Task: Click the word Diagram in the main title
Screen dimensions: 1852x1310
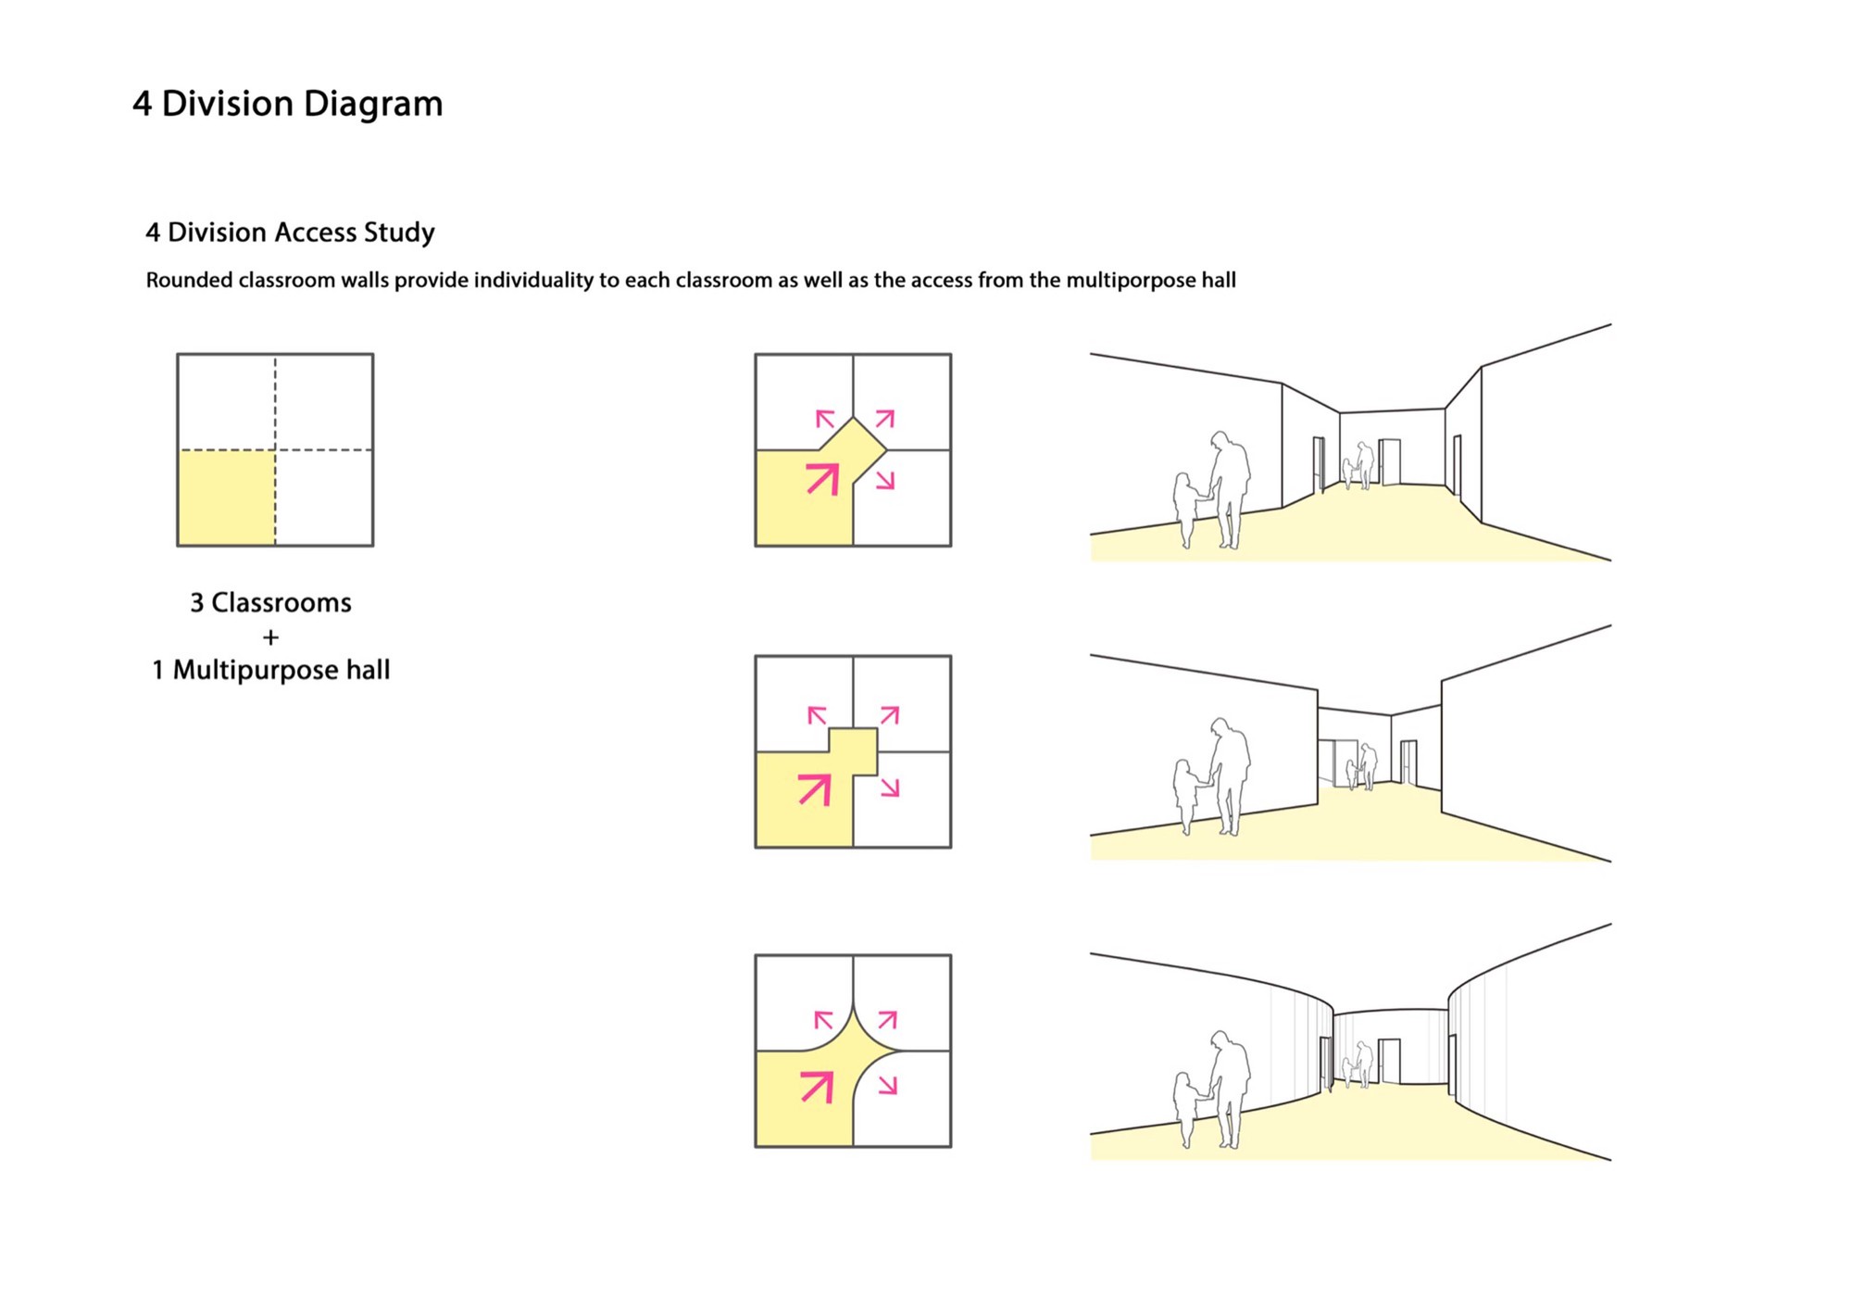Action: pos(373,105)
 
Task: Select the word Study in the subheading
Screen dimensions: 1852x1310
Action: pos(399,233)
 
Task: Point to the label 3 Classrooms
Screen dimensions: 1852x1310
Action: pos(271,603)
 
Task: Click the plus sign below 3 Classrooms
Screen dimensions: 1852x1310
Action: pos(270,637)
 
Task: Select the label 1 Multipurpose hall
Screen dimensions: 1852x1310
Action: pos(271,670)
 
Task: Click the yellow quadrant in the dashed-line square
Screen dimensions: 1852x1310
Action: pos(227,498)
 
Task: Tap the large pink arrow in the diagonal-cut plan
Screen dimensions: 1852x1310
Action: pos(823,479)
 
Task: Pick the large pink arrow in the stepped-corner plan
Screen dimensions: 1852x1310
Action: pos(815,789)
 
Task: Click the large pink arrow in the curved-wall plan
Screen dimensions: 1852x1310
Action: pos(818,1087)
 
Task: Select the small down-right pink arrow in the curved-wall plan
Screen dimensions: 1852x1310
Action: pos(888,1085)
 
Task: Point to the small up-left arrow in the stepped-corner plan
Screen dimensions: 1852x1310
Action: pos(817,715)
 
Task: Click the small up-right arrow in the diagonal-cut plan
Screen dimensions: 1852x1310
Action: pos(885,419)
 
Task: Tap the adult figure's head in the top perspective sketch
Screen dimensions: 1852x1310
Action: pos(1221,440)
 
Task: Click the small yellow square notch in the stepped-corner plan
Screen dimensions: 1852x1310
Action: pos(853,751)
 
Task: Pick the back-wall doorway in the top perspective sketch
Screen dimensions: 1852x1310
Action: pos(1389,461)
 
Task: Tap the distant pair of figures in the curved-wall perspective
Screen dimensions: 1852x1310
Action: pos(1358,1064)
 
